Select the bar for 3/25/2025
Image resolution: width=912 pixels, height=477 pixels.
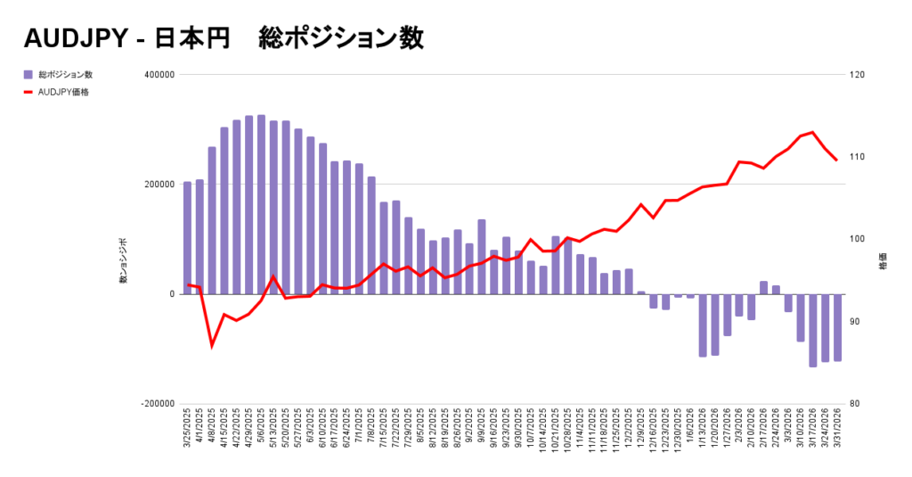pyautogui.click(x=187, y=238)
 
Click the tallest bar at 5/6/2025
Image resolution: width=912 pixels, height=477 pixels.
pyautogui.click(x=261, y=204)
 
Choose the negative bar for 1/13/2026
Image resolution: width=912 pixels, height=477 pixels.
pyautogui.click(x=703, y=325)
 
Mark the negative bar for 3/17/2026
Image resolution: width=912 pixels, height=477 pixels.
pyautogui.click(x=813, y=330)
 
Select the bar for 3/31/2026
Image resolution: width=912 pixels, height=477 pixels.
pyautogui.click(x=837, y=327)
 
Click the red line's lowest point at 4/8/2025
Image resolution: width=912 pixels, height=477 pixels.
pyautogui.click(x=212, y=345)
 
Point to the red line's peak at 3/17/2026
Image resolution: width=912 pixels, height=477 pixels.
pyautogui.click(x=813, y=132)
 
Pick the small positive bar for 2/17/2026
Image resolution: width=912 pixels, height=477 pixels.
pyautogui.click(x=764, y=288)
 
